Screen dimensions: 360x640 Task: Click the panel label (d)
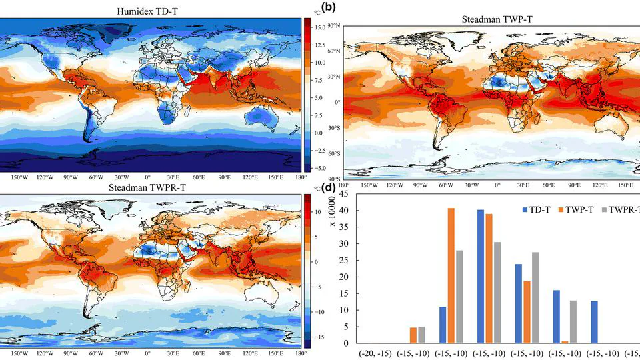(329, 187)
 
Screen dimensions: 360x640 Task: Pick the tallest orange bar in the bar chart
(451, 276)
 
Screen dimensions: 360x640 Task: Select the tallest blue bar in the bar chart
(480, 277)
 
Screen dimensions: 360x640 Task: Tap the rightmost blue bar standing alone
(595, 322)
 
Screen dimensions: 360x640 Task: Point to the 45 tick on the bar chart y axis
(345, 194)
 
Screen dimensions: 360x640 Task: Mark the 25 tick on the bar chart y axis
(345, 261)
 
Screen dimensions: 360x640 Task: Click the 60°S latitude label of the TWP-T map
(335, 154)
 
